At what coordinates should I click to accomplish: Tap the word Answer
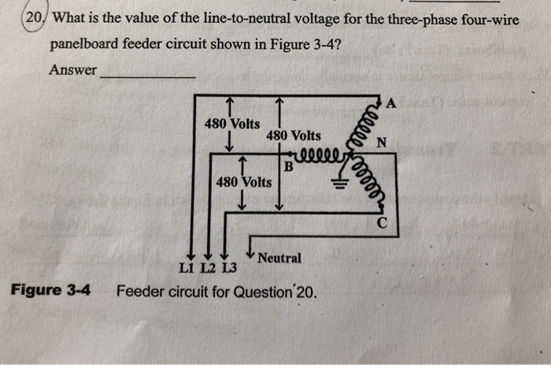(x=72, y=70)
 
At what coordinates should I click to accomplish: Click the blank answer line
(x=147, y=76)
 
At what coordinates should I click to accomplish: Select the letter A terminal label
(x=392, y=103)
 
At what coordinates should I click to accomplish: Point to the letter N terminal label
(x=382, y=143)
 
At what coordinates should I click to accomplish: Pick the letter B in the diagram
(x=289, y=167)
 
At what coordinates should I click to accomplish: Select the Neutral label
(x=279, y=258)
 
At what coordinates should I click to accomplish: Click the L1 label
(x=187, y=269)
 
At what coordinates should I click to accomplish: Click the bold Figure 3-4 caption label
(x=50, y=290)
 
